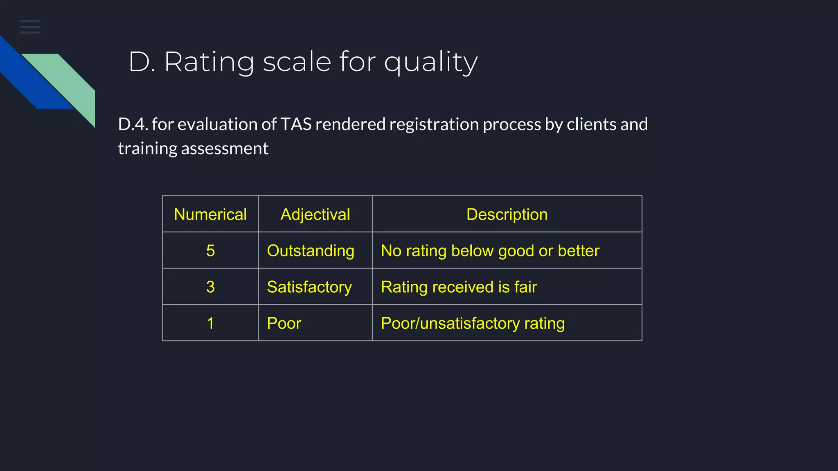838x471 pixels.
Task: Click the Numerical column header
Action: point(210,215)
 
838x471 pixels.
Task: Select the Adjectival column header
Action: point(315,215)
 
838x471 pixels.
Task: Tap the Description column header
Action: point(507,215)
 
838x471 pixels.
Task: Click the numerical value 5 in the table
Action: point(210,251)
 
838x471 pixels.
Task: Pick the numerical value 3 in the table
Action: point(210,287)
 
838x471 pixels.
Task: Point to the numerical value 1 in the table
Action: point(210,323)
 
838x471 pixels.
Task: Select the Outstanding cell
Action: point(311,251)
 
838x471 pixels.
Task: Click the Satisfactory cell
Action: point(309,287)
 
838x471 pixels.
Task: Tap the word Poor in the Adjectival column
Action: point(284,323)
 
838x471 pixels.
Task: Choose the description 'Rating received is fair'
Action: point(459,287)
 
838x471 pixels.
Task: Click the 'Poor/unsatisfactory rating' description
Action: point(473,323)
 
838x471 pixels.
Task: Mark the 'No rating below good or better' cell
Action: point(490,251)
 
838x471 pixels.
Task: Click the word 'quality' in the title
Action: point(430,63)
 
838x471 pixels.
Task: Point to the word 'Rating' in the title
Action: point(209,63)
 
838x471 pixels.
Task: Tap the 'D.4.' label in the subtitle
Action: point(133,124)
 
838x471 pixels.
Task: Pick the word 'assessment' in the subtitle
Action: point(225,148)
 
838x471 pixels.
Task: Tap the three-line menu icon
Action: point(29,27)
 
